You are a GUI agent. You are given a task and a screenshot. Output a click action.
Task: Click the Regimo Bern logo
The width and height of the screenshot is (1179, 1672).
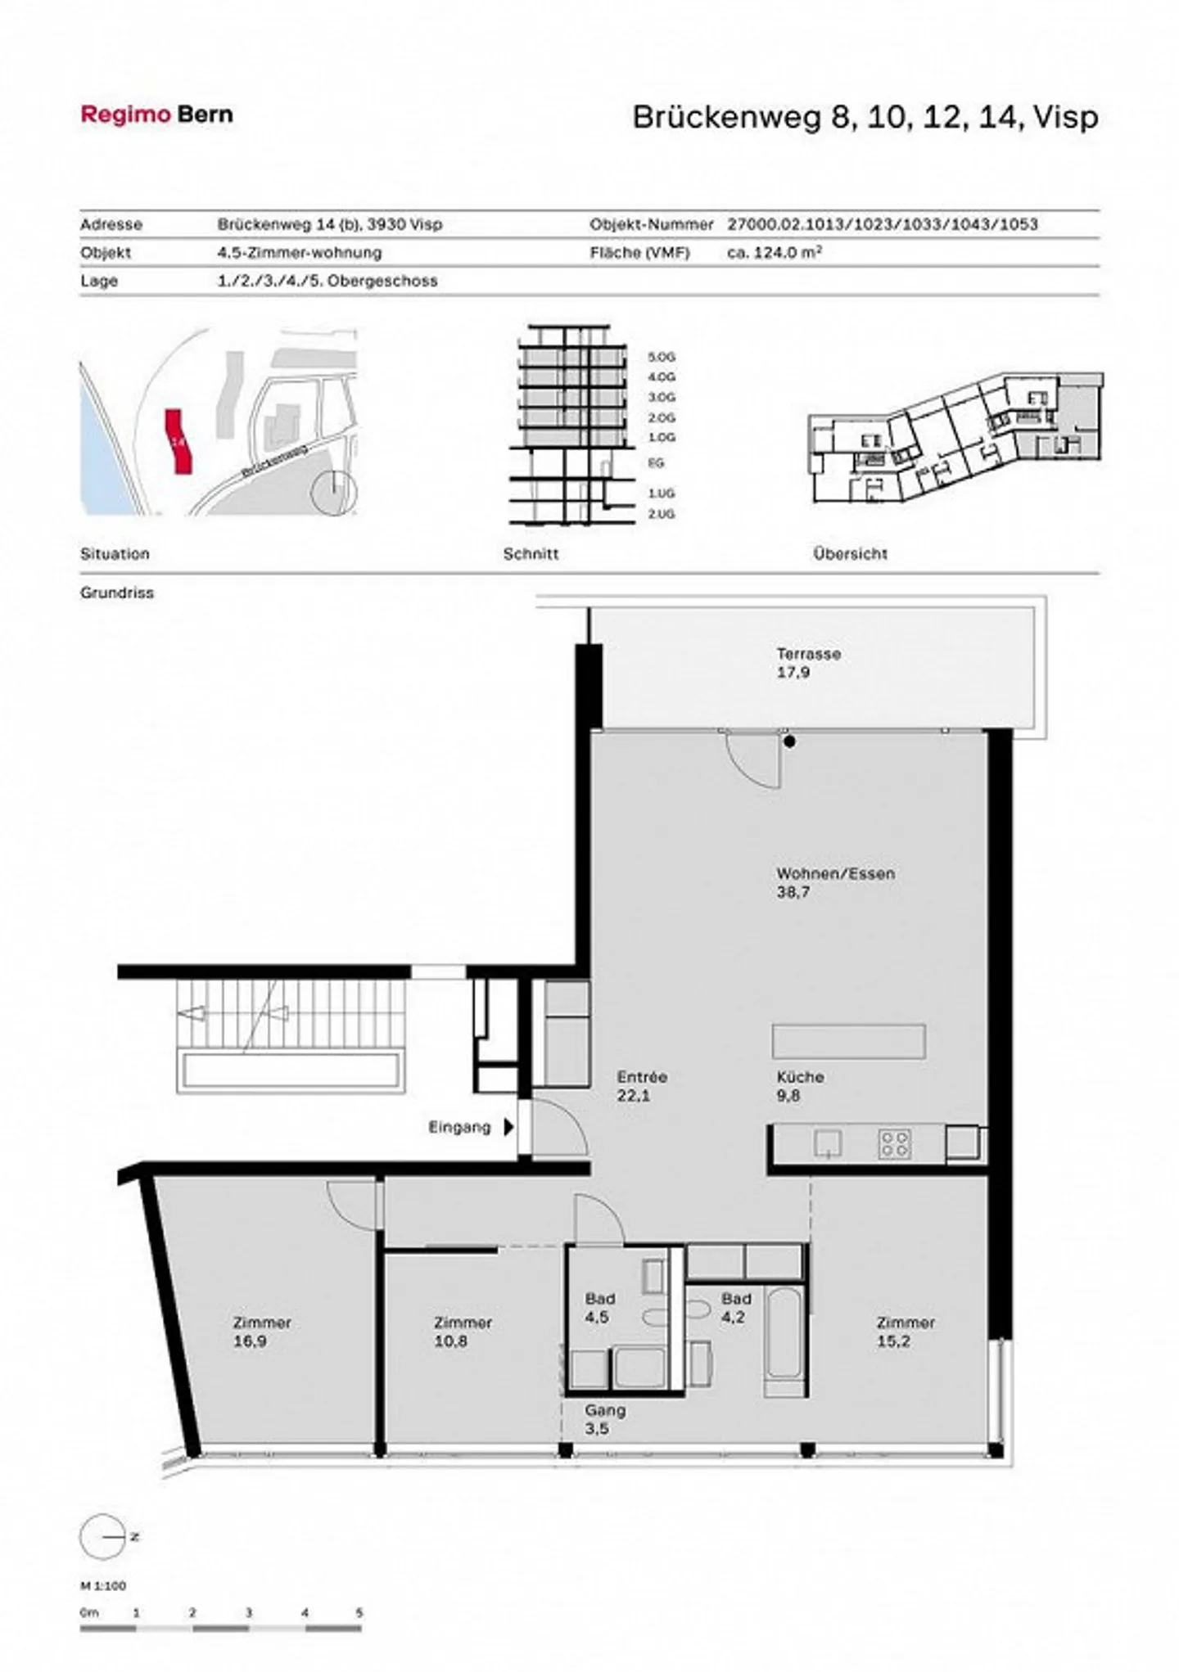[x=156, y=115]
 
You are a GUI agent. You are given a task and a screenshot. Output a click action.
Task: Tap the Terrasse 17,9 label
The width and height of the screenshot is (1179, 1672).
[x=807, y=663]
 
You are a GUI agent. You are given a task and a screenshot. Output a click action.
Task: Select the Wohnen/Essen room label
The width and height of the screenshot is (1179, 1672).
[x=834, y=882]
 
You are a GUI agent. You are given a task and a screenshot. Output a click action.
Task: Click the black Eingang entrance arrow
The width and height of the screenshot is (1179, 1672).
[x=508, y=1127]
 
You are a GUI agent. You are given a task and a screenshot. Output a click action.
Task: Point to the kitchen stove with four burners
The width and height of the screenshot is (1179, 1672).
[x=894, y=1143]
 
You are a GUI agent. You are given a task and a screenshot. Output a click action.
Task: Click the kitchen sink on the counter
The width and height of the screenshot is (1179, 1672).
[x=828, y=1143]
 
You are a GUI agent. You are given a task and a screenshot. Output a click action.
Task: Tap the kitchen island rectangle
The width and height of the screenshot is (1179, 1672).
[x=848, y=1041]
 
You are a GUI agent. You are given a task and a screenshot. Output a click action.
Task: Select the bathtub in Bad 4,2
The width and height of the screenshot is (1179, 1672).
[x=785, y=1332]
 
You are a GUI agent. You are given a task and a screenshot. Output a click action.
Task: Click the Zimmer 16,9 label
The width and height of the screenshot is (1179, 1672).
[x=261, y=1331]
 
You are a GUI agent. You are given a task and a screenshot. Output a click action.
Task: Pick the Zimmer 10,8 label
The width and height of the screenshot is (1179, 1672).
[x=462, y=1331]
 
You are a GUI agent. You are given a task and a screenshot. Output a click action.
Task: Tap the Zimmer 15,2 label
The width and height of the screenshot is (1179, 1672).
[x=905, y=1331]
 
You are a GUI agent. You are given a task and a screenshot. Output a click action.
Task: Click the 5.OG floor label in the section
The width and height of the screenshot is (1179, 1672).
[x=662, y=358]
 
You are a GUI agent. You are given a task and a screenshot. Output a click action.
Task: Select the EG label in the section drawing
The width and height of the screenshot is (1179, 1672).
[x=656, y=463]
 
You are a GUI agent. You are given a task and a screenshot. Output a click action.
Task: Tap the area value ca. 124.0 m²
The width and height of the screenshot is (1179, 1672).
[x=774, y=252]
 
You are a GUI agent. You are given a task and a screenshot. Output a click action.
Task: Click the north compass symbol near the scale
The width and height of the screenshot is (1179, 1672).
[x=103, y=1537]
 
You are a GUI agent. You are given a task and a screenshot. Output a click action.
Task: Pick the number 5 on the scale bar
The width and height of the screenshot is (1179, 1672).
[x=359, y=1612]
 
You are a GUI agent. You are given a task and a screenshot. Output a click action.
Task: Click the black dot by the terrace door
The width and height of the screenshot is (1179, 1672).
[x=789, y=741]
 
